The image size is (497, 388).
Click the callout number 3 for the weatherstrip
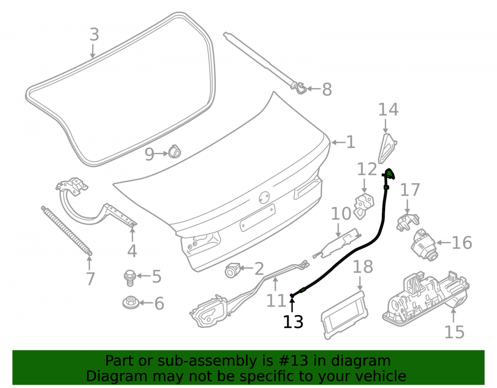(x=94, y=34)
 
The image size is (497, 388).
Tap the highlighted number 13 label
(x=293, y=322)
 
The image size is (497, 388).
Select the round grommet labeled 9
(x=174, y=152)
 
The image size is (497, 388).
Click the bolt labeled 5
(x=129, y=278)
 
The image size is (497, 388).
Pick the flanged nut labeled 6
(x=130, y=302)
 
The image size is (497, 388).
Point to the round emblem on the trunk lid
(x=264, y=198)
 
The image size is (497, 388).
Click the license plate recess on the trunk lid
(x=257, y=218)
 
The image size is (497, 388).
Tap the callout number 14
(x=388, y=110)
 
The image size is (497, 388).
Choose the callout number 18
(x=363, y=267)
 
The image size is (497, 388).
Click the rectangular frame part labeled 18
(x=344, y=315)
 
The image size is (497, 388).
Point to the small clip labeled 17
(x=407, y=222)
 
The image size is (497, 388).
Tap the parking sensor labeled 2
(x=231, y=270)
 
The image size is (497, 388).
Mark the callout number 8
(x=327, y=89)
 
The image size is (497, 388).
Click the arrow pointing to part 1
(x=338, y=143)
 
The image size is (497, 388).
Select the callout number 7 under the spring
(x=90, y=279)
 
